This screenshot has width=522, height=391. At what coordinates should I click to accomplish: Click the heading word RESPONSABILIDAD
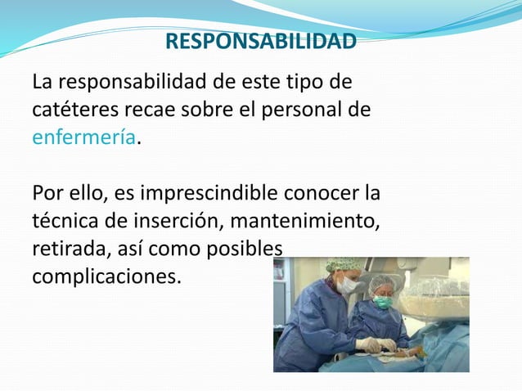[x=260, y=42]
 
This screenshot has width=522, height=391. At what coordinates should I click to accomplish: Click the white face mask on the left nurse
[x=348, y=285]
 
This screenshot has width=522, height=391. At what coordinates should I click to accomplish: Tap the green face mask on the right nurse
[x=383, y=303]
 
